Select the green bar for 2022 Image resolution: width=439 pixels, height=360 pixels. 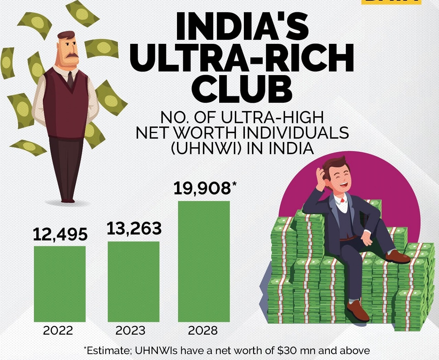pos(60,284)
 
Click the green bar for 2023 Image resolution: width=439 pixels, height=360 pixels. pos(133,281)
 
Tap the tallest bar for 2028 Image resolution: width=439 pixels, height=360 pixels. pos(204,261)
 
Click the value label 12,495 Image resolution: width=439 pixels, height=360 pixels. pos(60,235)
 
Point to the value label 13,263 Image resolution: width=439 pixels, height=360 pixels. pos(134,228)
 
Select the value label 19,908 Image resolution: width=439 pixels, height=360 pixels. pos(202,189)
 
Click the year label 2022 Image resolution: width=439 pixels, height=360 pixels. pos(58,331)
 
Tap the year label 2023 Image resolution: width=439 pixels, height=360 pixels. pos(130,331)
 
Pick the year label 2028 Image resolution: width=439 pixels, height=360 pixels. pos(203,331)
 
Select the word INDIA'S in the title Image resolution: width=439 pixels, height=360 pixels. pos(242,26)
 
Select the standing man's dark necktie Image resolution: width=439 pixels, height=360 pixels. pos(70,80)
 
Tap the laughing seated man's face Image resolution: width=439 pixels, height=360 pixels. pos(340,178)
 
